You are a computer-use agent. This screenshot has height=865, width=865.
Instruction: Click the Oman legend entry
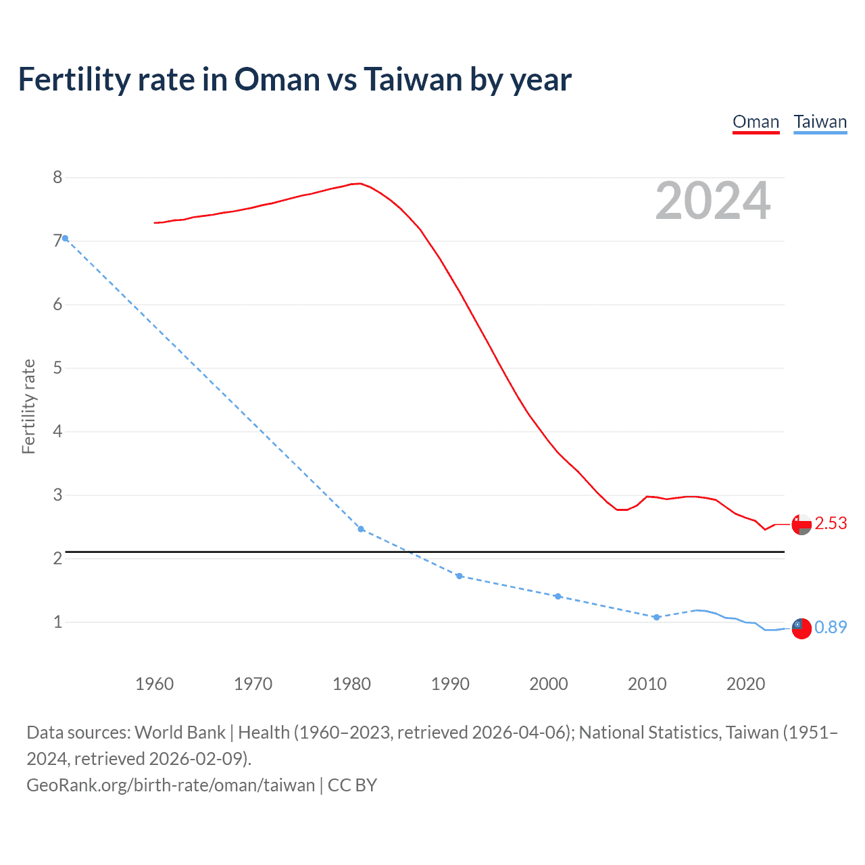click(756, 122)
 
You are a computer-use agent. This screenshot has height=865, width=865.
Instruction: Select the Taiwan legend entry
click(820, 122)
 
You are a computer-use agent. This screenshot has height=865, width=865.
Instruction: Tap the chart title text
click(295, 79)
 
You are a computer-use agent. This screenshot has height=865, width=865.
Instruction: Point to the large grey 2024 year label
click(712, 201)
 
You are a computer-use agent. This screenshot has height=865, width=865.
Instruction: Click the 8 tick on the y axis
click(57, 178)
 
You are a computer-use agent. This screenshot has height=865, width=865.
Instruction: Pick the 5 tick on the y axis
click(57, 368)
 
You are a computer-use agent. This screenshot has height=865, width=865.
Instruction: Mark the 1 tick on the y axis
click(57, 622)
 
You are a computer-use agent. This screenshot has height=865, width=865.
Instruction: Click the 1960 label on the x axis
click(154, 684)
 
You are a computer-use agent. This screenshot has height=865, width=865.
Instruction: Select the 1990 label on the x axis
click(450, 684)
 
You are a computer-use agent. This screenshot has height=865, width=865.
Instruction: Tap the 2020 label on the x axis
click(745, 684)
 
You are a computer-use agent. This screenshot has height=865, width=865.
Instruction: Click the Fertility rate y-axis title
click(28, 406)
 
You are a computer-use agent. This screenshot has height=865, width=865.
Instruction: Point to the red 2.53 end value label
click(831, 524)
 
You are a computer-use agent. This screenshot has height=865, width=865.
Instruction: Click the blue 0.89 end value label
click(831, 627)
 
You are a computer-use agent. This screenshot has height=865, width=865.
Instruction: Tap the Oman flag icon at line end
click(801, 524)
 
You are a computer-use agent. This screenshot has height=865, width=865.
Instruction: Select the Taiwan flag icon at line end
click(801, 628)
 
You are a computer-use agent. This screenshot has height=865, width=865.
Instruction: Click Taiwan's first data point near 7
click(66, 238)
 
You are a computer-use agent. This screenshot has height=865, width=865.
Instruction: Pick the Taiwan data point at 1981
click(361, 529)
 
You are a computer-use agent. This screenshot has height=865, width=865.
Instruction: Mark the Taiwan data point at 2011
click(656, 617)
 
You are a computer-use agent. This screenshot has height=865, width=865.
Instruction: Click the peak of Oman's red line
click(360, 183)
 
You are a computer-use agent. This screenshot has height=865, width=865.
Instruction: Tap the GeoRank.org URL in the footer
click(170, 785)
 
